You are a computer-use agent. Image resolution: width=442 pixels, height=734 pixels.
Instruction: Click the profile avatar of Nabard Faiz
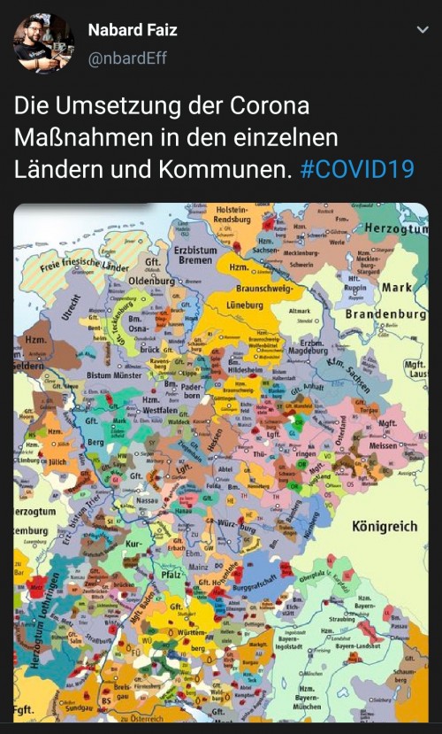pyautogui.click(x=43, y=42)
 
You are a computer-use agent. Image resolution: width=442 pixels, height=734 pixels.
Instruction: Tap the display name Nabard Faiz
pyautogui.click(x=133, y=31)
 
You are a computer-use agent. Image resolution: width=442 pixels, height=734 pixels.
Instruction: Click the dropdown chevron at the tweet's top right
pyautogui.click(x=422, y=30)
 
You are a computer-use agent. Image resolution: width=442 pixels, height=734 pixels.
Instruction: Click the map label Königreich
pyautogui.click(x=385, y=526)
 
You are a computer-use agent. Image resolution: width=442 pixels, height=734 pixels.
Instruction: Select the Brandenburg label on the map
pyautogui.click(x=385, y=314)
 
